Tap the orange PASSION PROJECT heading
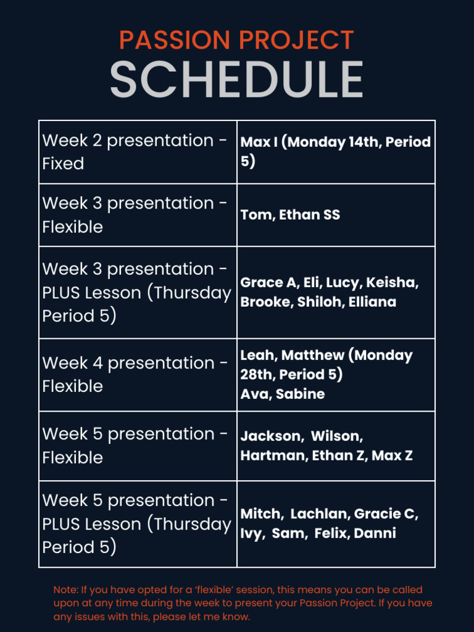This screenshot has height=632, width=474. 236,41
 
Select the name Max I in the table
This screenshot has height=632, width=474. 258,143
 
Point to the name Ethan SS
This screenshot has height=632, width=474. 309,215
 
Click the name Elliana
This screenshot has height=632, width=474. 372,302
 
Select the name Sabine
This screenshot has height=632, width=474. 300,394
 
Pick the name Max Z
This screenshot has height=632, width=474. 392,456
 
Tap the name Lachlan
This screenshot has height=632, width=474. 318,514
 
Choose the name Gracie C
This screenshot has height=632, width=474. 386,514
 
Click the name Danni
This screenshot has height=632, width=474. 375,534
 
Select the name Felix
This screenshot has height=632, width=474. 331,534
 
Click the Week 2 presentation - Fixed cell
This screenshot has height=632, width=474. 137,152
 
